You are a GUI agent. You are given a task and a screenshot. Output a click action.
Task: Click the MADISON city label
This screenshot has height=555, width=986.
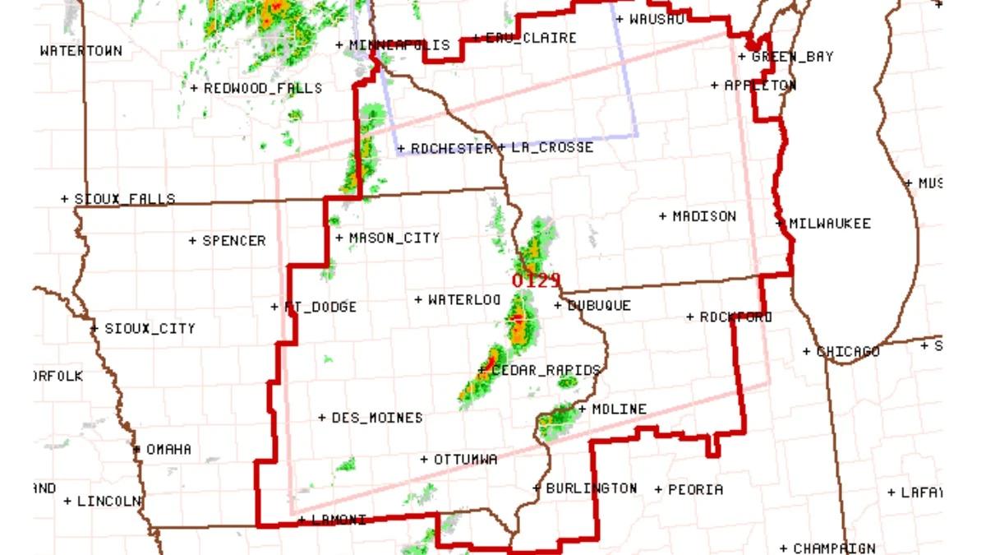704,216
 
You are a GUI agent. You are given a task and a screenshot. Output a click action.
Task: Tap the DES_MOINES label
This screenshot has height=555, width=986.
376,418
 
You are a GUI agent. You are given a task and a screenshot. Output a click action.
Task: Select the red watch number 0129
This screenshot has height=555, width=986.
535,281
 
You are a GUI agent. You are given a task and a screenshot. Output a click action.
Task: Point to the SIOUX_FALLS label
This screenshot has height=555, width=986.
124,199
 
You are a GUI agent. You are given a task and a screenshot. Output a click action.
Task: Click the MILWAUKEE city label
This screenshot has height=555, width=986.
829,224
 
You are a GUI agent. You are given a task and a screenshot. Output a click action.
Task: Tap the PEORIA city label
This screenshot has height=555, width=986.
694,489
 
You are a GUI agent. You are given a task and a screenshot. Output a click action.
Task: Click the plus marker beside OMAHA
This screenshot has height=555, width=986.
136,449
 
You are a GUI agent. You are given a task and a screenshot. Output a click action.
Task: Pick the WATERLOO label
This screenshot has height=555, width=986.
463,300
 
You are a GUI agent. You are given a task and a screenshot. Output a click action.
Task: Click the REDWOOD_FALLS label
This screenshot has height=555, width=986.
262,88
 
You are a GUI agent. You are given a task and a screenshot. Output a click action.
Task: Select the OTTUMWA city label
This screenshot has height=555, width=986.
465,460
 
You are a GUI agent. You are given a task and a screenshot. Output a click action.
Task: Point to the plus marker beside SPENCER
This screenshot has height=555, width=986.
193,241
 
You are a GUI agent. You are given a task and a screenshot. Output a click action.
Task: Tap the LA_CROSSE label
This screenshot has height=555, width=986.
551,148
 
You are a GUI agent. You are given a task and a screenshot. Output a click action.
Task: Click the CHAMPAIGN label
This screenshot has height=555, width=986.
833,548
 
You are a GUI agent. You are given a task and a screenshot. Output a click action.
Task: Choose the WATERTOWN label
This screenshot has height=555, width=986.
81,51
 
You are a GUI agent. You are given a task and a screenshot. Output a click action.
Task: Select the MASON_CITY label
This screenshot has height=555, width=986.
394,238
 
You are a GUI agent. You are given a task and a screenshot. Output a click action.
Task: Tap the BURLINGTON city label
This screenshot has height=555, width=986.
591,488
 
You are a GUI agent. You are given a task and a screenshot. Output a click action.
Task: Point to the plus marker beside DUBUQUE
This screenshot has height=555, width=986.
558,306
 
